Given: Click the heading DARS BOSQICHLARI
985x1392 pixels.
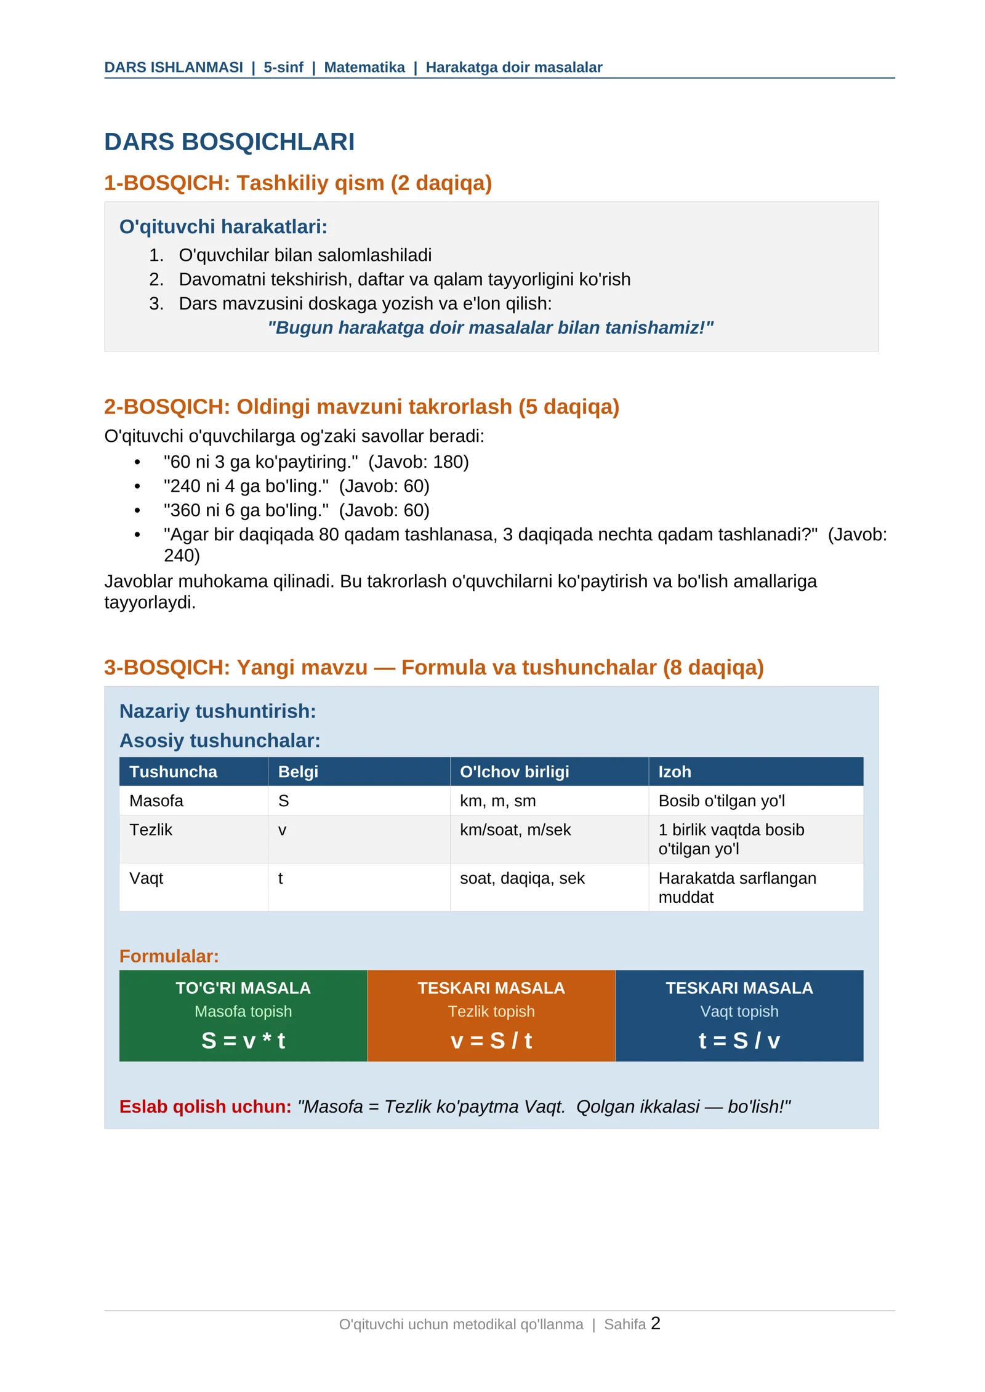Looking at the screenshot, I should tap(229, 142).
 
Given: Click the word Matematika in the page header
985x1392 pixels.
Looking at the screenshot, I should tap(364, 67).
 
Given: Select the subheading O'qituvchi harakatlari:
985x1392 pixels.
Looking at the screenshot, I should tap(223, 226).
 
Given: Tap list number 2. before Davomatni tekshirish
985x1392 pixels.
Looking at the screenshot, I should tap(156, 279).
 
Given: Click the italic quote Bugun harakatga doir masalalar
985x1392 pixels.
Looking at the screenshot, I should tap(490, 327).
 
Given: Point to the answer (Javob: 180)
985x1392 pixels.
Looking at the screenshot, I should tap(418, 462).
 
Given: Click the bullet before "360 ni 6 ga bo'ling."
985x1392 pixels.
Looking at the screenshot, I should tap(137, 511).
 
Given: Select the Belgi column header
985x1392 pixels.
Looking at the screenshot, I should tap(298, 772).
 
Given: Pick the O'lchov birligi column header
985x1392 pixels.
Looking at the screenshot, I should tap(514, 772).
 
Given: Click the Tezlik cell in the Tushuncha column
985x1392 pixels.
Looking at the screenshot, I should tap(151, 830).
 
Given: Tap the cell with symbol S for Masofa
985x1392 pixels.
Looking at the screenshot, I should tap(284, 801).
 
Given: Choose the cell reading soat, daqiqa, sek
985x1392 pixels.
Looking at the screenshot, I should tap(522, 878).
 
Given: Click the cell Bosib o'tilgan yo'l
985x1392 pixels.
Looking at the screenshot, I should tap(722, 801).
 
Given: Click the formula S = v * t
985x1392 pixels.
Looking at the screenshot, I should tap(243, 1041).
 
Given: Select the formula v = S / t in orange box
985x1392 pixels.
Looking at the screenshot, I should tap(491, 1041).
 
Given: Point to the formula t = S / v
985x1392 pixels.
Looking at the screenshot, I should tap(739, 1041).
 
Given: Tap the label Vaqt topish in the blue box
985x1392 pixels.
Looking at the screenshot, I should tap(739, 1012).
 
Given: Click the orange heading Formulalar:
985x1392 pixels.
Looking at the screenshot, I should tap(169, 956).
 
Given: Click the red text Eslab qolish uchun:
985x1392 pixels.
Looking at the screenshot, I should tap(205, 1106).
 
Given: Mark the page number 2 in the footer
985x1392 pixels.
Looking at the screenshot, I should tap(656, 1324).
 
